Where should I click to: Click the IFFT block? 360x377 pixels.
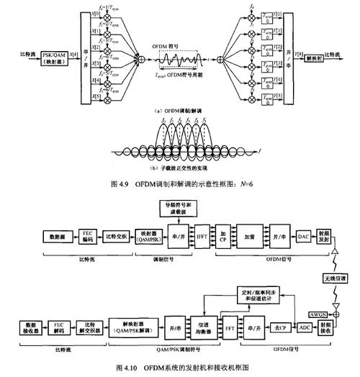pos(202,235)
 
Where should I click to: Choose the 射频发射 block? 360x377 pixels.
pos(324,235)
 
